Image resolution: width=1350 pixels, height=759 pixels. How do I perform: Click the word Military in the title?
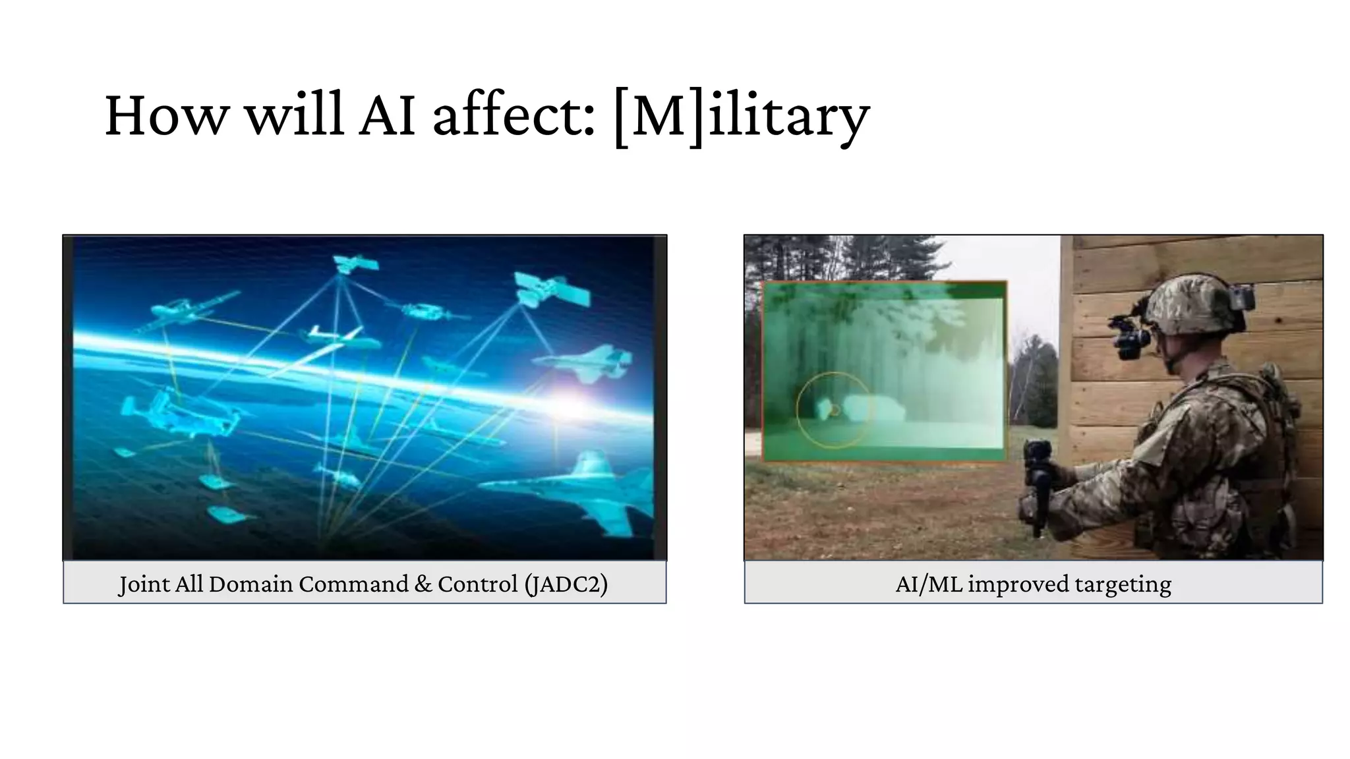pos(742,117)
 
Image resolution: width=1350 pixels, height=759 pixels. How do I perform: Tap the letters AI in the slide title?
pos(387,117)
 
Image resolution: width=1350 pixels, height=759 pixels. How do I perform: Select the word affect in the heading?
pos(514,117)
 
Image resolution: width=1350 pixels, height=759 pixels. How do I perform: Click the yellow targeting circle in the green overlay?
pos(833,410)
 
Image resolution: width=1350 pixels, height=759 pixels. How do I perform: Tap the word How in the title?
pos(165,117)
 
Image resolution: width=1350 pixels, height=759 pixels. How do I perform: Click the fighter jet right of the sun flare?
pos(587,363)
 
